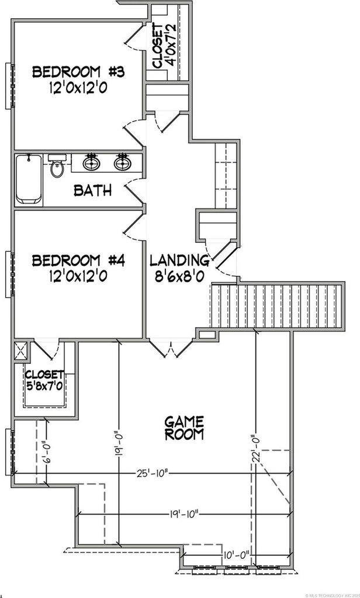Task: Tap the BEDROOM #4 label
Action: [79, 260]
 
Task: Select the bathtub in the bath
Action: [28, 178]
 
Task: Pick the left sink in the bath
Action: [91, 163]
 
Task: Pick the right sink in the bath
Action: [122, 163]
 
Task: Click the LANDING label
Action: [179, 260]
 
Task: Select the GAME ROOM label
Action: [184, 427]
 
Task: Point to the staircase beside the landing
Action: [275, 305]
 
